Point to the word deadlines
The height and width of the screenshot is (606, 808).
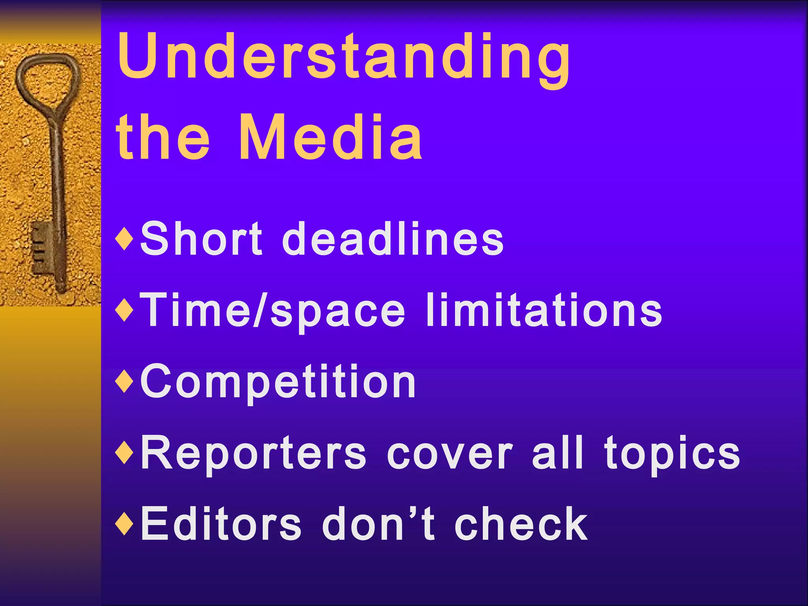393,239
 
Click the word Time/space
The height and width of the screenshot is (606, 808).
272,311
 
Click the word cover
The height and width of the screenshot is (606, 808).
450,454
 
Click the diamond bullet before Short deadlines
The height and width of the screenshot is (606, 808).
125,239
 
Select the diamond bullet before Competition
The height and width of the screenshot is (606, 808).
125,382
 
